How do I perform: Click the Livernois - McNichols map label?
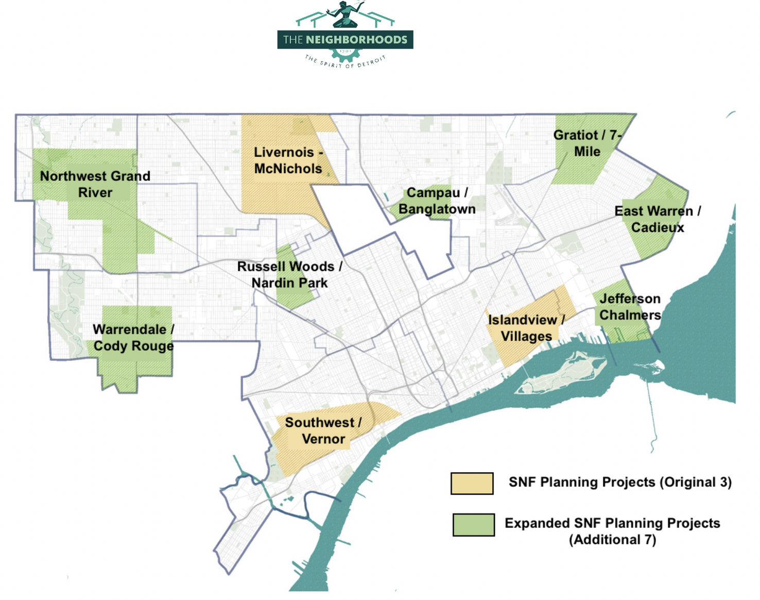tap(288, 160)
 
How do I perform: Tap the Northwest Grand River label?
tap(95, 184)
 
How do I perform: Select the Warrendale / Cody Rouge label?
tap(133, 338)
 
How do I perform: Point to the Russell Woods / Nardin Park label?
tap(289, 275)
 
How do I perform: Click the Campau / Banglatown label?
tap(437, 201)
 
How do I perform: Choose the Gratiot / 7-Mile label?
tap(587, 143)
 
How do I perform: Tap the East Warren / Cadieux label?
tap(658, 219)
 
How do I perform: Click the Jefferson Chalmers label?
tap(630, 307)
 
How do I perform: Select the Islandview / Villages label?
tap(526, 328)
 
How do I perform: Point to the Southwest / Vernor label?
tap(323, 430)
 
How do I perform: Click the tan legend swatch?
tap(472, 484)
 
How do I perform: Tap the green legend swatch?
tap(474, 525)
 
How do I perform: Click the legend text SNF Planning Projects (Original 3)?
tap(620, 482)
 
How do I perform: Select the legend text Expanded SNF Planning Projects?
tap(612, 523)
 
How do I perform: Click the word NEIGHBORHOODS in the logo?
tap(356, 40)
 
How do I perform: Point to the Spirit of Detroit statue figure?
tap(345, 14)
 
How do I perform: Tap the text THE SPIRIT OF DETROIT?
tap(345, 62)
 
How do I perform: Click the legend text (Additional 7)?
tap(612, 540)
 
